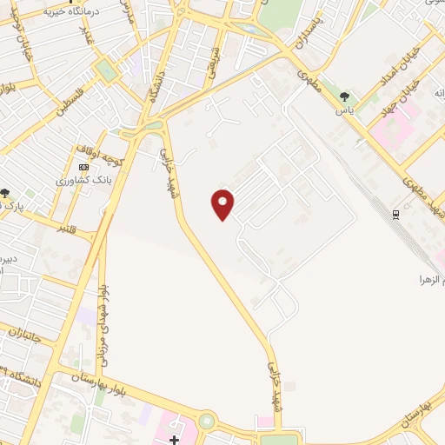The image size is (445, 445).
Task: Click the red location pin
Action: (x=223, y=203)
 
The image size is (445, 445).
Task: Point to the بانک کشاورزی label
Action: (x=75, y=181)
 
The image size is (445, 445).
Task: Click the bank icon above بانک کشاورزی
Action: (x=83, y=167)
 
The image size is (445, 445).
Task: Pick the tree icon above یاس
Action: (x=346, y=97)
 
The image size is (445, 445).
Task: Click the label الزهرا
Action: (x=431, y=280)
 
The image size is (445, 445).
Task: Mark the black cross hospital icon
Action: (x=175, y=439)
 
